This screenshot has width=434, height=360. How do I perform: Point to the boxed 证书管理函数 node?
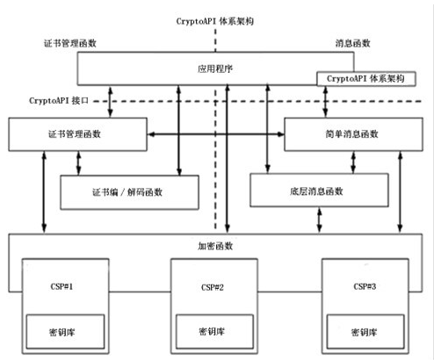pyautogui.click(x=78, y=134)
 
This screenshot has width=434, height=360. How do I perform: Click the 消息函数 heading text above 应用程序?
pyautogui.click(x=352, y=42)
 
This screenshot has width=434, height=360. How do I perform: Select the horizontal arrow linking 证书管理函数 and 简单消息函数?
pyautogui.click(x=217, y=134)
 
